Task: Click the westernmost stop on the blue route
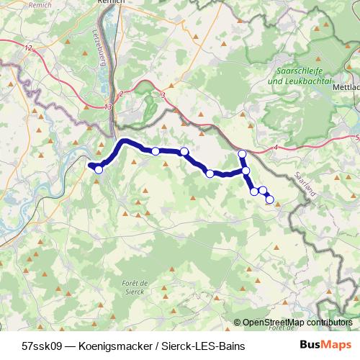99,170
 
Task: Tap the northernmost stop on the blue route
242,154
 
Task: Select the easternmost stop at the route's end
270,199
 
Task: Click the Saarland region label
306,184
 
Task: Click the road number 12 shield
29,48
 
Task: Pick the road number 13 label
108,107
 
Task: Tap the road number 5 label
357,136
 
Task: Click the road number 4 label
276,148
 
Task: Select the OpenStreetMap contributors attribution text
296,323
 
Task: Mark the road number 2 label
122,94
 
